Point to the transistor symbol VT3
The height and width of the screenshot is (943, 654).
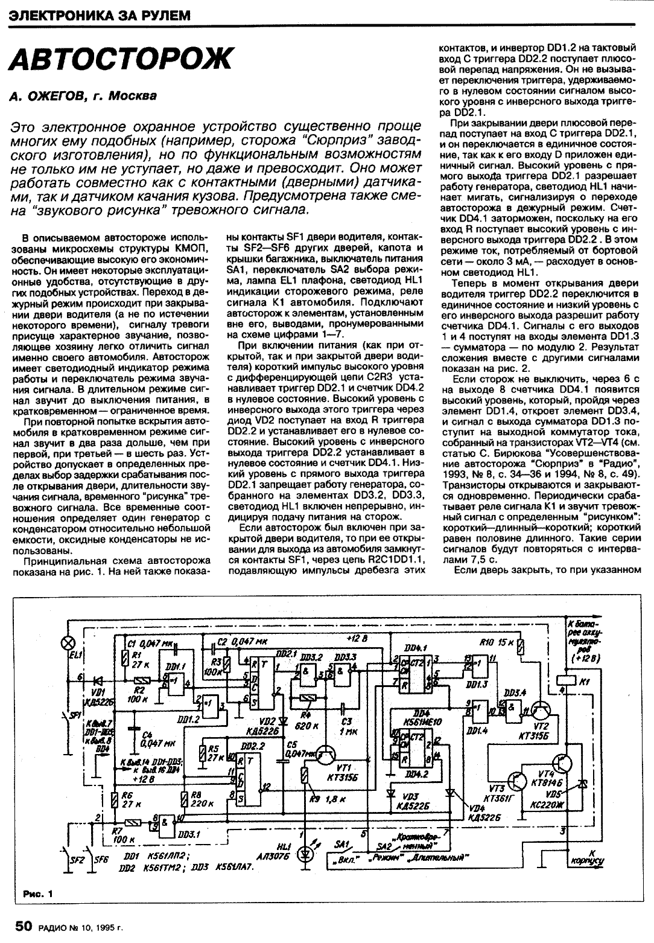point(518,780)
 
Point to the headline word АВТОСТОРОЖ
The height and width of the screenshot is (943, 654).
point(121,61)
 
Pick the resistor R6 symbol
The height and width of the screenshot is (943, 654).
point(115,801)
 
